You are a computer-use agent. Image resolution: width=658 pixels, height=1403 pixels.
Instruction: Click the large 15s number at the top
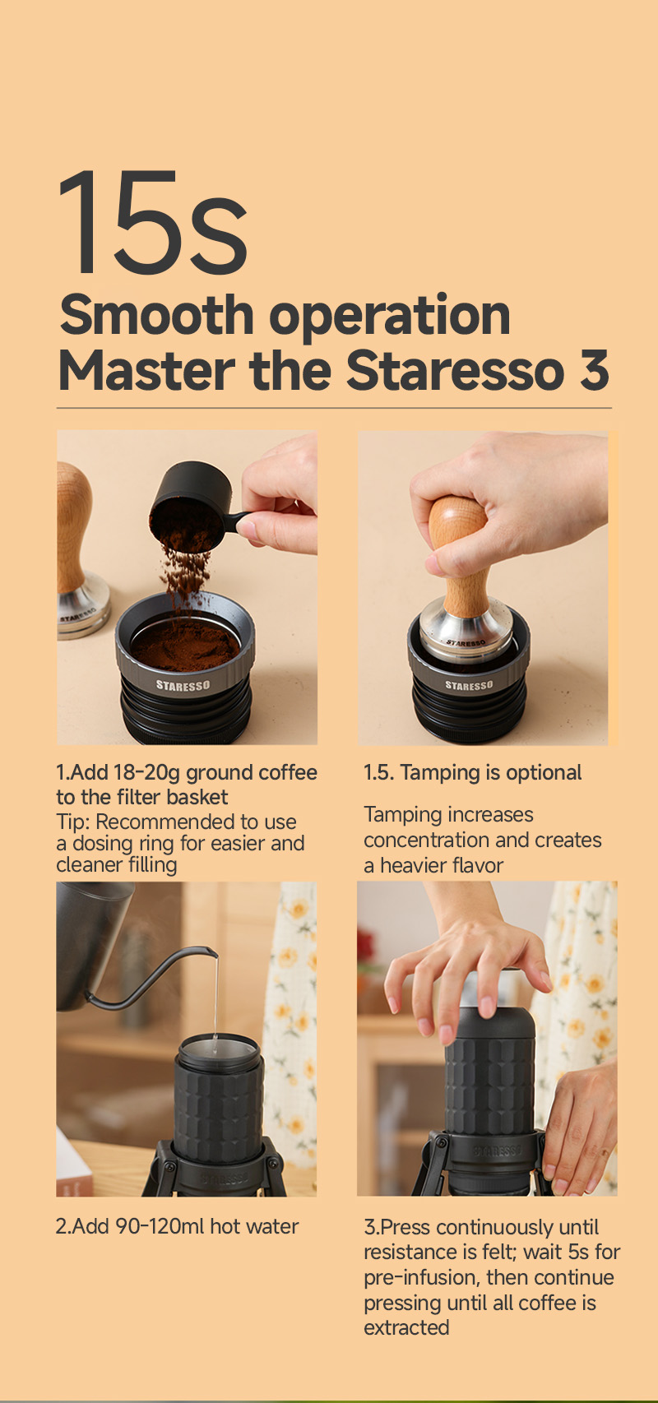(x=153, y=221)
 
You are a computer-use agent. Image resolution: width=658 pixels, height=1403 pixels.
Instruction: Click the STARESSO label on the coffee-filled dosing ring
(x=183, y=685)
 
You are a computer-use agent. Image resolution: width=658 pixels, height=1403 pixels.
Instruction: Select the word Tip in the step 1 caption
(x=71, y=821)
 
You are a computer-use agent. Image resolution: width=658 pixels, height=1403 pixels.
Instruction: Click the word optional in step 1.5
(x=544, y=773)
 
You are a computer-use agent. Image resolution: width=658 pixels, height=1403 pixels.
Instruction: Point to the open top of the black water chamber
(x=217, y=1049)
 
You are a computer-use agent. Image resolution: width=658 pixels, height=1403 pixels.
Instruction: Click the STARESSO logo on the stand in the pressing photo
(x=498, y=1151)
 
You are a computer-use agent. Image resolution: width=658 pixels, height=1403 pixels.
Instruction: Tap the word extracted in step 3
(x=406, y=1328)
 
